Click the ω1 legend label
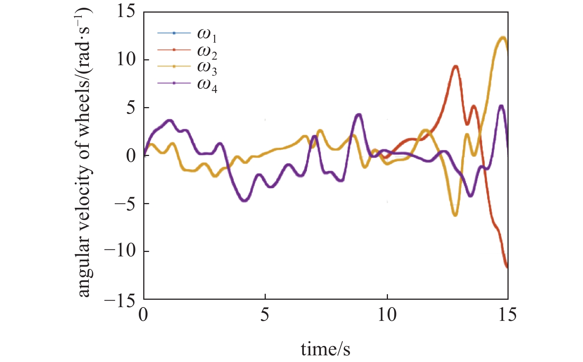207,35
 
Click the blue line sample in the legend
174,33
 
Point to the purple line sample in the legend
174,83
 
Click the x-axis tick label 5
265,315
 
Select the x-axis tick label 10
387,315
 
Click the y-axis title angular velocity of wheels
84,152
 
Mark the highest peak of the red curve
456,66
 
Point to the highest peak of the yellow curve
503,37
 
